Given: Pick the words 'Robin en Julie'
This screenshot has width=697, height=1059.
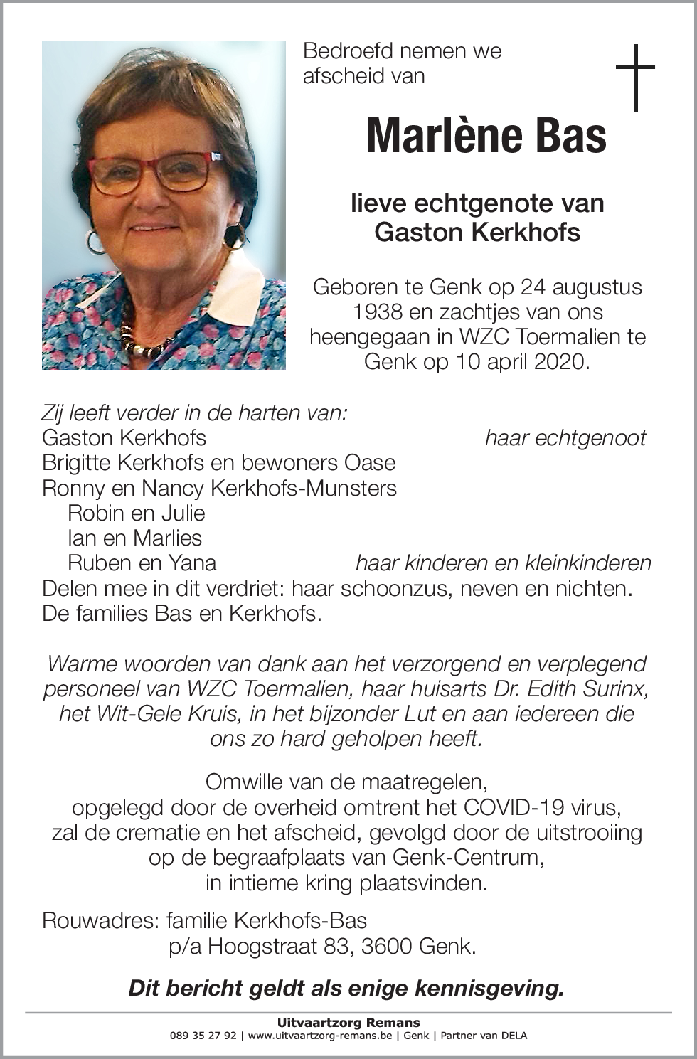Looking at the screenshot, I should (136, 513).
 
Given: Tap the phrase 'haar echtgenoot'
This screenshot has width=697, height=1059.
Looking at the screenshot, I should (565, 438).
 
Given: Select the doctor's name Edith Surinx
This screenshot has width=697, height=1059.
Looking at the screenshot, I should (576, 688).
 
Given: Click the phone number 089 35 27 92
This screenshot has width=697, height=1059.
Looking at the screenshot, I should (203, 1036).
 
